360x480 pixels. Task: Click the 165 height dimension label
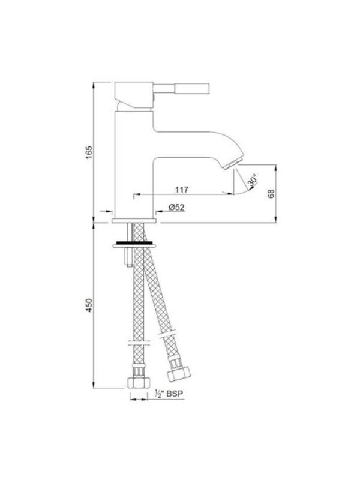[x=89, y=152]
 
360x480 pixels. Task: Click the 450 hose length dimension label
[x=89, y=305]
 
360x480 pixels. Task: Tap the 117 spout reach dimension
[x=182, y=190]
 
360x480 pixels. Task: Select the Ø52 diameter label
[x=176, y=207]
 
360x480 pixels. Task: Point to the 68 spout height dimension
[x=271, y=193]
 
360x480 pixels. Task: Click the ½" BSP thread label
[x=169, y=394]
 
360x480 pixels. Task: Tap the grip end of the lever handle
[x=192, y=88]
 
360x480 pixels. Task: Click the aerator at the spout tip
[x=233, y=164]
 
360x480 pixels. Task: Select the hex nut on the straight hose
[x=139, y=383]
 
